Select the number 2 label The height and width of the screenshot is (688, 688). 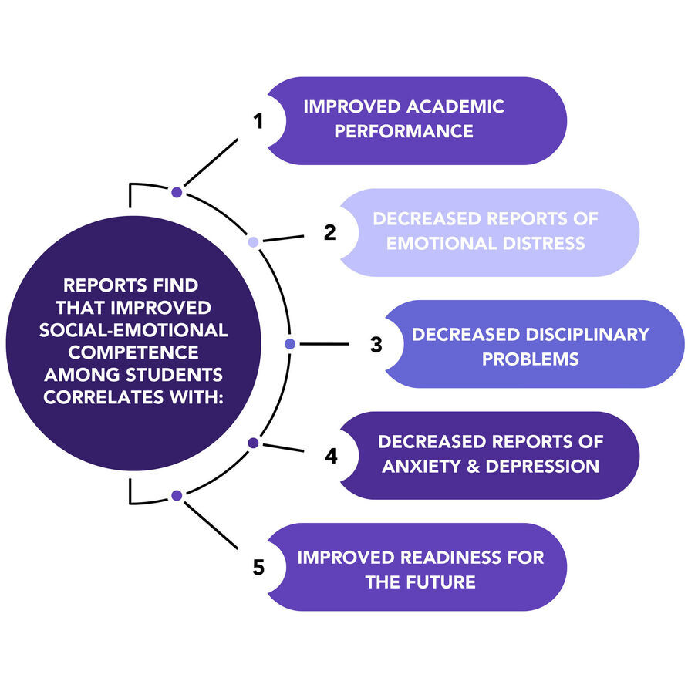329,233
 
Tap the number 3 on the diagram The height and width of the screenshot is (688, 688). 376,345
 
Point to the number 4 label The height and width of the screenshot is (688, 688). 330,456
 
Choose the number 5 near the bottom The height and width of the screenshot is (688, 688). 258,568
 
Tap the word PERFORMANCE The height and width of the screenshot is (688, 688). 403,131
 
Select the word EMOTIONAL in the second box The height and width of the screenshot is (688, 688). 436,243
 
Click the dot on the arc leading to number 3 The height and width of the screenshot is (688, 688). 290,344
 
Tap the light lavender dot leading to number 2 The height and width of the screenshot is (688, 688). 253,242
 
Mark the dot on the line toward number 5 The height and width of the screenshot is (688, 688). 177,495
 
